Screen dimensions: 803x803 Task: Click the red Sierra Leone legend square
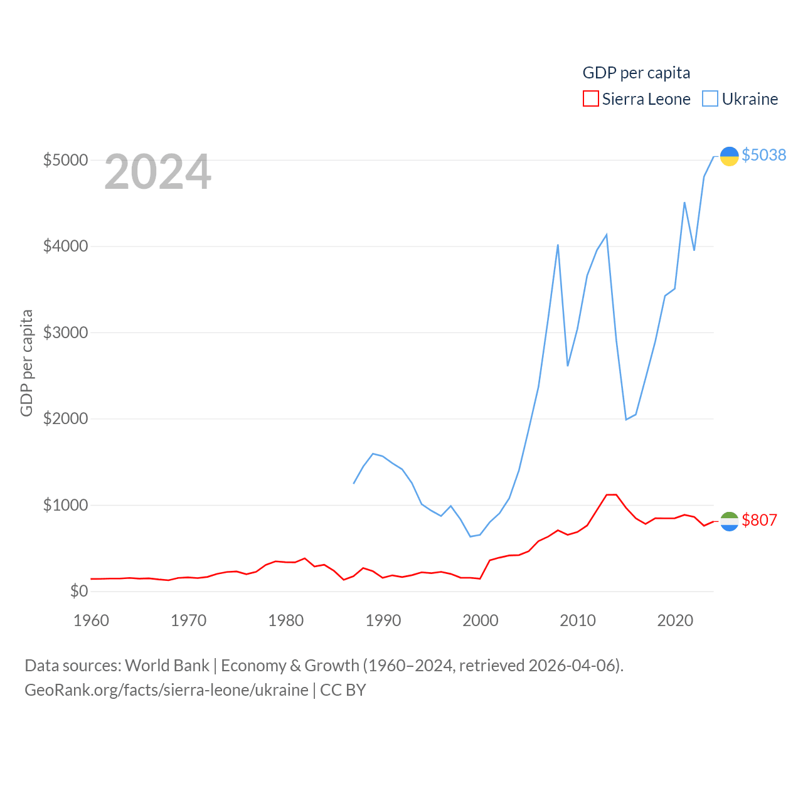[x=590, y=98]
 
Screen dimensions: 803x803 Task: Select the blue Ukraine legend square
[x=710, y=98]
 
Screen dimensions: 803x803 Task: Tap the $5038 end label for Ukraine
[x=763, y=155]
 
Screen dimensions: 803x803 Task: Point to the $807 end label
[x=759, y=520]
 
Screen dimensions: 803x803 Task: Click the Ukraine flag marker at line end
[x=729, y=156]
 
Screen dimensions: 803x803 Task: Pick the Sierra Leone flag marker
[x=729, y=521]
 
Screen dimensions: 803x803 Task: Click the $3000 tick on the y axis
[x=65, y=332]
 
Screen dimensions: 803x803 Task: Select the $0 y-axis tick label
[x=79, y=591]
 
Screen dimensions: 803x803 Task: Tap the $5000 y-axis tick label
[x=65, y=160]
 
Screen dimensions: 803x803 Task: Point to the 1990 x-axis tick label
[x=383, y=620]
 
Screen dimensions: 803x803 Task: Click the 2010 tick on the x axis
[x=577, y=620]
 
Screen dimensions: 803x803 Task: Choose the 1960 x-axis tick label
[x=91, y=620]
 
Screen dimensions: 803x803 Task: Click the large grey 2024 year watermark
[x=157, y=172]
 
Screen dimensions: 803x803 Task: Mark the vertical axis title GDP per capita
[x=26, y=363]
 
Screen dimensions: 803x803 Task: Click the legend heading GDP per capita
[x=636, y=73]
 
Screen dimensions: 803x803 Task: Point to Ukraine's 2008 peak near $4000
[x=558, y=245]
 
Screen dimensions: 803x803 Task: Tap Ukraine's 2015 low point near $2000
[x=626, y=419]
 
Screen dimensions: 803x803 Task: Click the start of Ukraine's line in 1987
[x=354, y=483]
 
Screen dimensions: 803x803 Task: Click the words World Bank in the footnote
[x=167, y=665]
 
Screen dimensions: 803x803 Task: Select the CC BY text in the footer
[x=343, y=690]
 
